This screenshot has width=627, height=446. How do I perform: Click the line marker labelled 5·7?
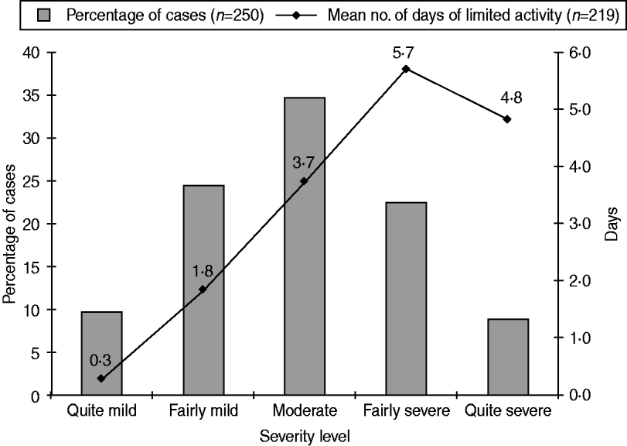pos(406,69)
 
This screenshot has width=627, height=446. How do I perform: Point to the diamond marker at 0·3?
pos(101,378)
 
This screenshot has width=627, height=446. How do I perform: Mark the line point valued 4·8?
pos(507,119)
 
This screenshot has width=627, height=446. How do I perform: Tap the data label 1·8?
pos(203,271)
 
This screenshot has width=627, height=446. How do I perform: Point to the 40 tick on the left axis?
pos(33,53)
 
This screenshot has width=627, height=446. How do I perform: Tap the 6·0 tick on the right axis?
pos(579,53)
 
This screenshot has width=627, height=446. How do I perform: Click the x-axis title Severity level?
pos(304,436)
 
